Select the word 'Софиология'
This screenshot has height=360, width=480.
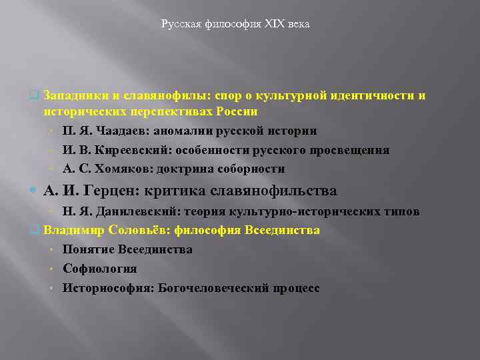pyautogui.click(x=100, y=269)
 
